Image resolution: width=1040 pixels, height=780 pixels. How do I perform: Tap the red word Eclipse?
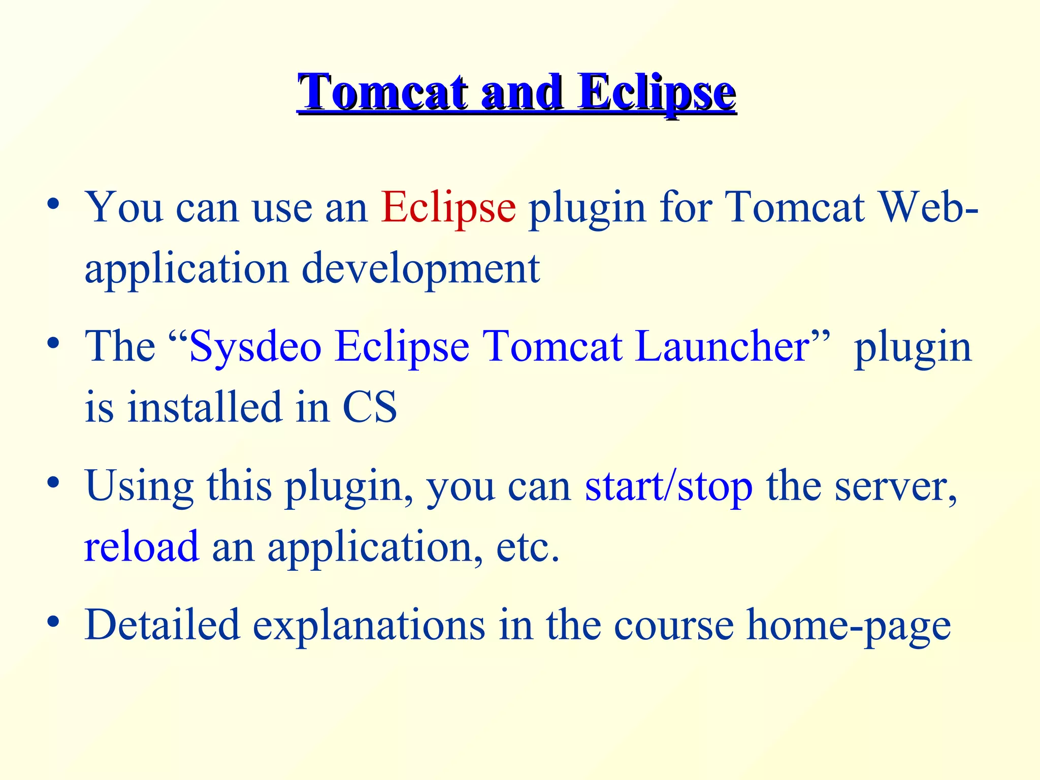[x=448, y=207]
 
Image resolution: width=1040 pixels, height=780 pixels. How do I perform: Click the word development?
[x=420, y=269]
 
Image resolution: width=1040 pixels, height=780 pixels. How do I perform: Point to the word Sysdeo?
[x=255, y=346]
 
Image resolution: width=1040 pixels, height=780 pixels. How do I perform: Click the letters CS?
[x=370, y=407]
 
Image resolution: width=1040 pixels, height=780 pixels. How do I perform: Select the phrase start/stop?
[x=668, y=486]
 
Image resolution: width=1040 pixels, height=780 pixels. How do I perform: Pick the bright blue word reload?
[x=142, y=546]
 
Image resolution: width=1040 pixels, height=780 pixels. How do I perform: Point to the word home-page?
[x=849, y=626]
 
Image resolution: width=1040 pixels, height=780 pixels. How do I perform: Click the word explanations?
[x=369, y=626]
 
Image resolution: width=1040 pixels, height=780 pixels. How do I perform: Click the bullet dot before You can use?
[x=53, y=204]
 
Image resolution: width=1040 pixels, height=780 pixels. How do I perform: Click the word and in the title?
[x=522, y=92]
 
